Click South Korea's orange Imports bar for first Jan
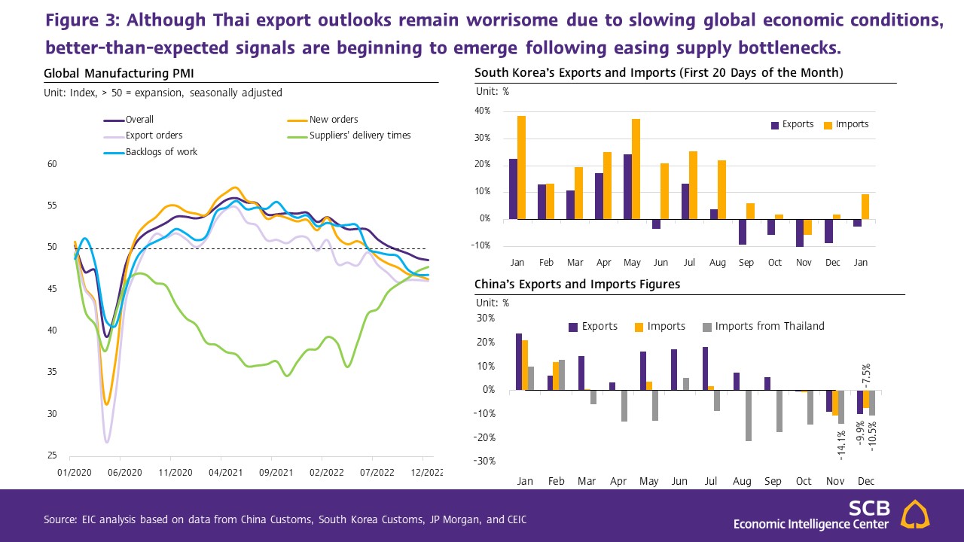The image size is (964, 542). coord(522,167)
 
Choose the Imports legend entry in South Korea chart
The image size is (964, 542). coord(852,124)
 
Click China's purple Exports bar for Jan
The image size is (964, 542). coord(518,361)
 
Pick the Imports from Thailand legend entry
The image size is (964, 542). coord(769,326)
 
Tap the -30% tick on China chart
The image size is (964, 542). coord(484,461)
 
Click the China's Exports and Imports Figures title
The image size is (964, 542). coord(577,284)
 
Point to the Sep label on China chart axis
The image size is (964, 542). coord(772,481)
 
